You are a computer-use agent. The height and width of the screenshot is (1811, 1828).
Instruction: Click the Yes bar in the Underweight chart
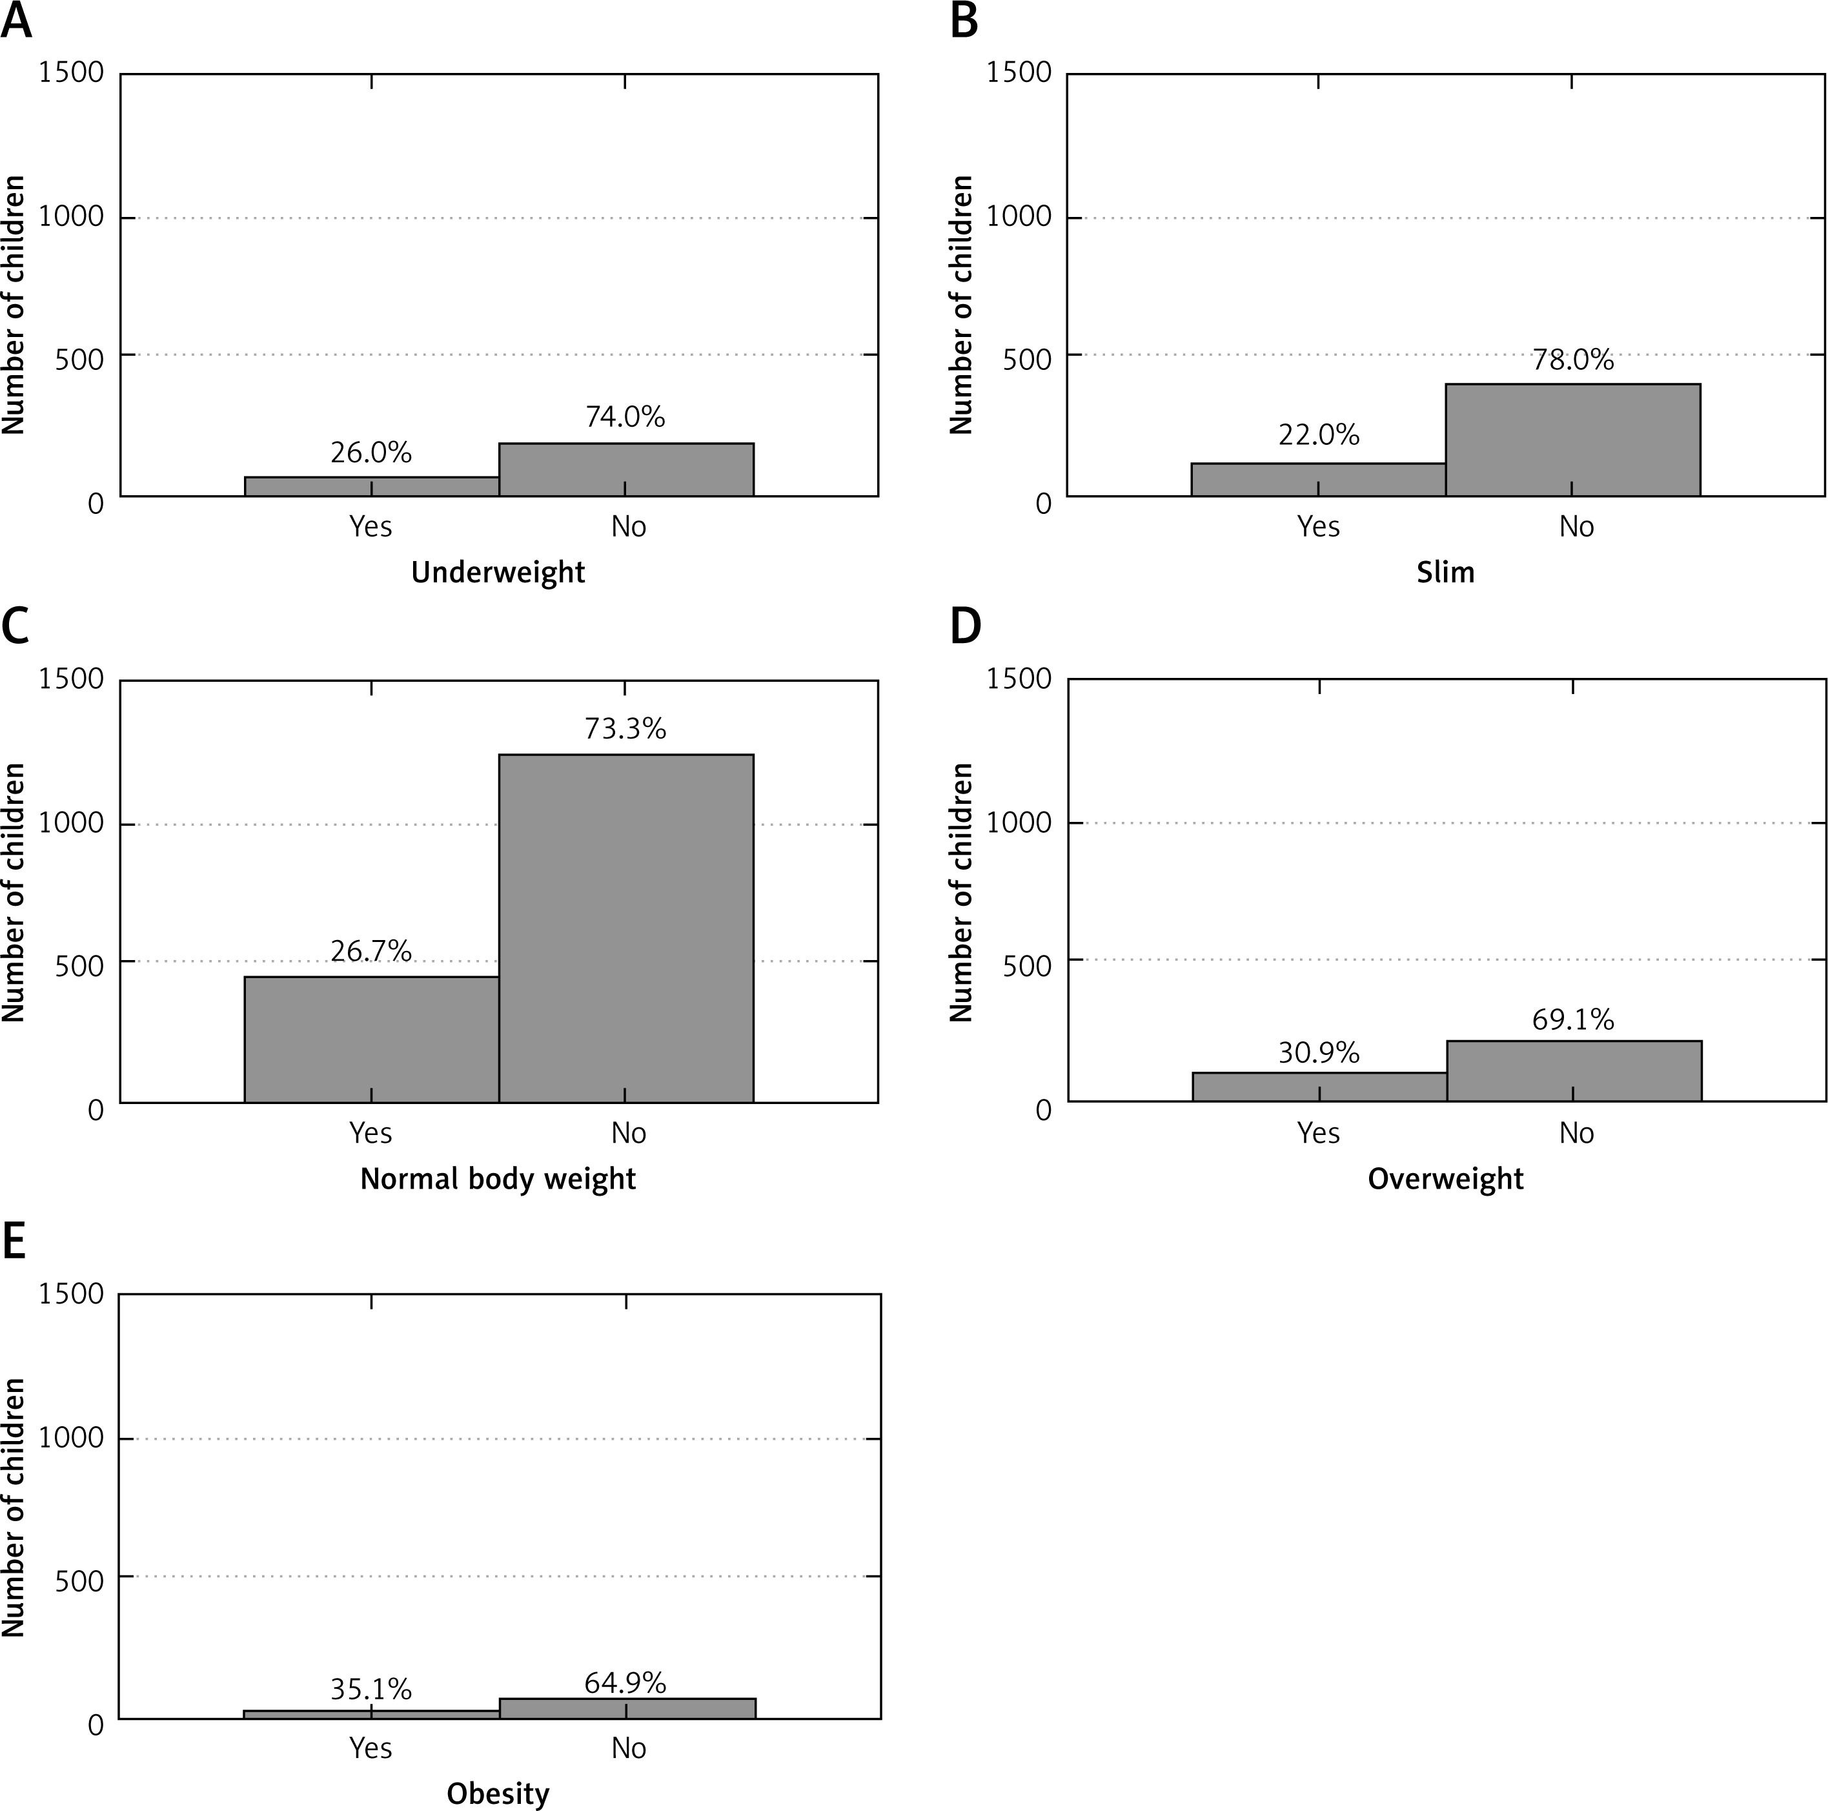(371, 486)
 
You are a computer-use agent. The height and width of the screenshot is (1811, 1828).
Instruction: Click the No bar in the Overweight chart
(1574, 1071)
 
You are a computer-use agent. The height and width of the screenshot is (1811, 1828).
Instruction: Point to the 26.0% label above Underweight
(371, 453)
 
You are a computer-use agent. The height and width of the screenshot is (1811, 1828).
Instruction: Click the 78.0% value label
(1572, 360)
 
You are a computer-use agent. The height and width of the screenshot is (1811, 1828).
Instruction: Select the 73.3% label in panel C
(625, 728)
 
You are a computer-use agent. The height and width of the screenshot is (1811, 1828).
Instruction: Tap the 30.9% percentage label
(1318, 1053)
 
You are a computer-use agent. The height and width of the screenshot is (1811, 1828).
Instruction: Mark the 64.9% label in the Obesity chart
(625, 1683)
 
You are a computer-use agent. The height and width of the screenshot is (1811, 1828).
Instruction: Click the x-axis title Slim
(1445, 573)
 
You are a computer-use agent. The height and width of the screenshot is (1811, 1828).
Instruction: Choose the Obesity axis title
(498, 1794)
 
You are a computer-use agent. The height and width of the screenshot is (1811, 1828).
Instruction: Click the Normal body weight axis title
(498, 1179)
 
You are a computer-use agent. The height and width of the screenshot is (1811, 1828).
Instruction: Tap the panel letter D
(965, 626)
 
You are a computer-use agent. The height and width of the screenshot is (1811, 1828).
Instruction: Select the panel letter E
(14, 1242)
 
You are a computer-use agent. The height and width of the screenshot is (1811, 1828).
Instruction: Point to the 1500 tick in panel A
(71, 73)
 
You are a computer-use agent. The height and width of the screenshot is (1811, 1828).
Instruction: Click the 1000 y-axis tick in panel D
(1019, 823)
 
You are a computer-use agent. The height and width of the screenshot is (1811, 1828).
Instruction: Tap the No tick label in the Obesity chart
(628, 1748)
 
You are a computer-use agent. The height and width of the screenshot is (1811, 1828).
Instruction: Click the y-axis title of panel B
(961, 305)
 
